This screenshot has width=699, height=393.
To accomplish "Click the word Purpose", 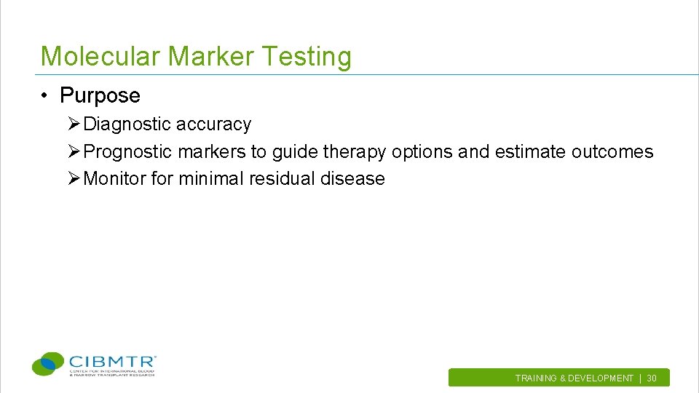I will pos(100,95).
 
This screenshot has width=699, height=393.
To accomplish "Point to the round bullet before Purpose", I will pos(45,96).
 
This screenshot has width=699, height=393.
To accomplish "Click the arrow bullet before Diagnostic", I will pos(74,124).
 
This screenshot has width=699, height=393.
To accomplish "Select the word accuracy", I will pos(213,124).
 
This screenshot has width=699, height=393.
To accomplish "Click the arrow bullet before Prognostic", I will pos(74,152).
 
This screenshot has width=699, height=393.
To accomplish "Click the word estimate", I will pos(530,152).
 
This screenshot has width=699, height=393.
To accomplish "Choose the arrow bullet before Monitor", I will pos(74,179).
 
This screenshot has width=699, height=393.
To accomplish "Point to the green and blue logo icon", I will pos(48,363).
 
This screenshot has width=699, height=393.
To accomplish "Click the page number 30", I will pos(652,378).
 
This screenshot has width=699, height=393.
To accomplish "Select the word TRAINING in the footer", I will pos(536,378).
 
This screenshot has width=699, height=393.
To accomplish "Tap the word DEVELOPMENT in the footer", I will pos(601,378).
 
